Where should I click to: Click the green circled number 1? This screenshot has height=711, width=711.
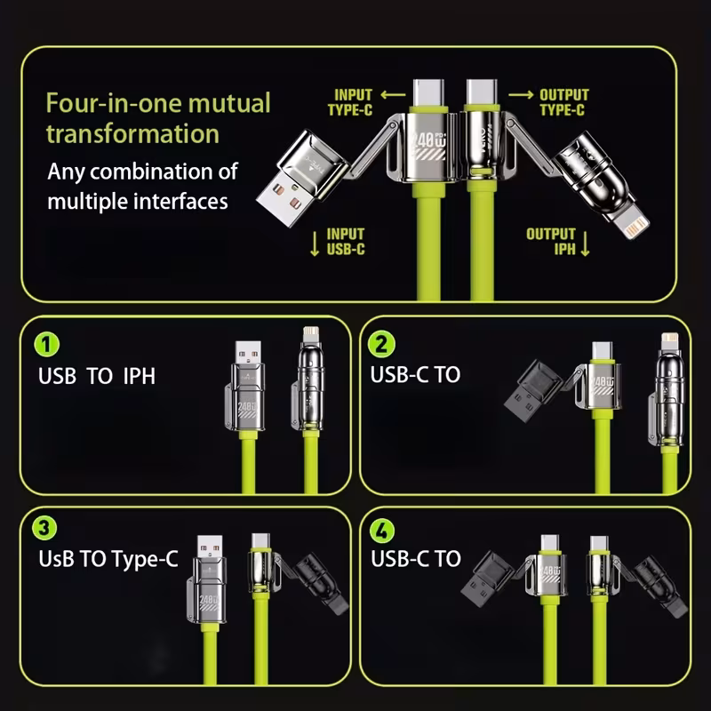point(47,344)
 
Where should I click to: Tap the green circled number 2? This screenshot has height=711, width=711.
point(381,344)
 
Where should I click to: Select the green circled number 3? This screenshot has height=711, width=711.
point(44,527)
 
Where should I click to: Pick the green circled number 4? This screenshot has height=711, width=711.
point(382,530)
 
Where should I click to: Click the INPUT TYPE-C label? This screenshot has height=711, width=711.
point(350,102)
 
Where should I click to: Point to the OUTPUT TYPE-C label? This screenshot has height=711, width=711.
point(564,102)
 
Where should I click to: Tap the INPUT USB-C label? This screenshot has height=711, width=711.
point(346,242)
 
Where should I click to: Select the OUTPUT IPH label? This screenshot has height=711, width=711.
point(551,242)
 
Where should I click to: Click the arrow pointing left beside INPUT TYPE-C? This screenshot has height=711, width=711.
point(393,94)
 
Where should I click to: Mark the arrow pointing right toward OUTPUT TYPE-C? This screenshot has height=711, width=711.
point(521,94)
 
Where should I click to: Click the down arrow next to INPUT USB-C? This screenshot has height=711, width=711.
point(315,244)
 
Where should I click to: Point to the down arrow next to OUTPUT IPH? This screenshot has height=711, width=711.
point(585,244)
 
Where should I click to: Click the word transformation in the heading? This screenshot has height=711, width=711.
point(132,134)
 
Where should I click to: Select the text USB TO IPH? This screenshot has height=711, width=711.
point(97,376)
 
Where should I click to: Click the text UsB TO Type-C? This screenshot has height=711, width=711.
point(108,559)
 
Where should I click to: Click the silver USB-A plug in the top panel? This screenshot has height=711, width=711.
point(302,178)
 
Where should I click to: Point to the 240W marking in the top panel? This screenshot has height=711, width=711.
point(428,141)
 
